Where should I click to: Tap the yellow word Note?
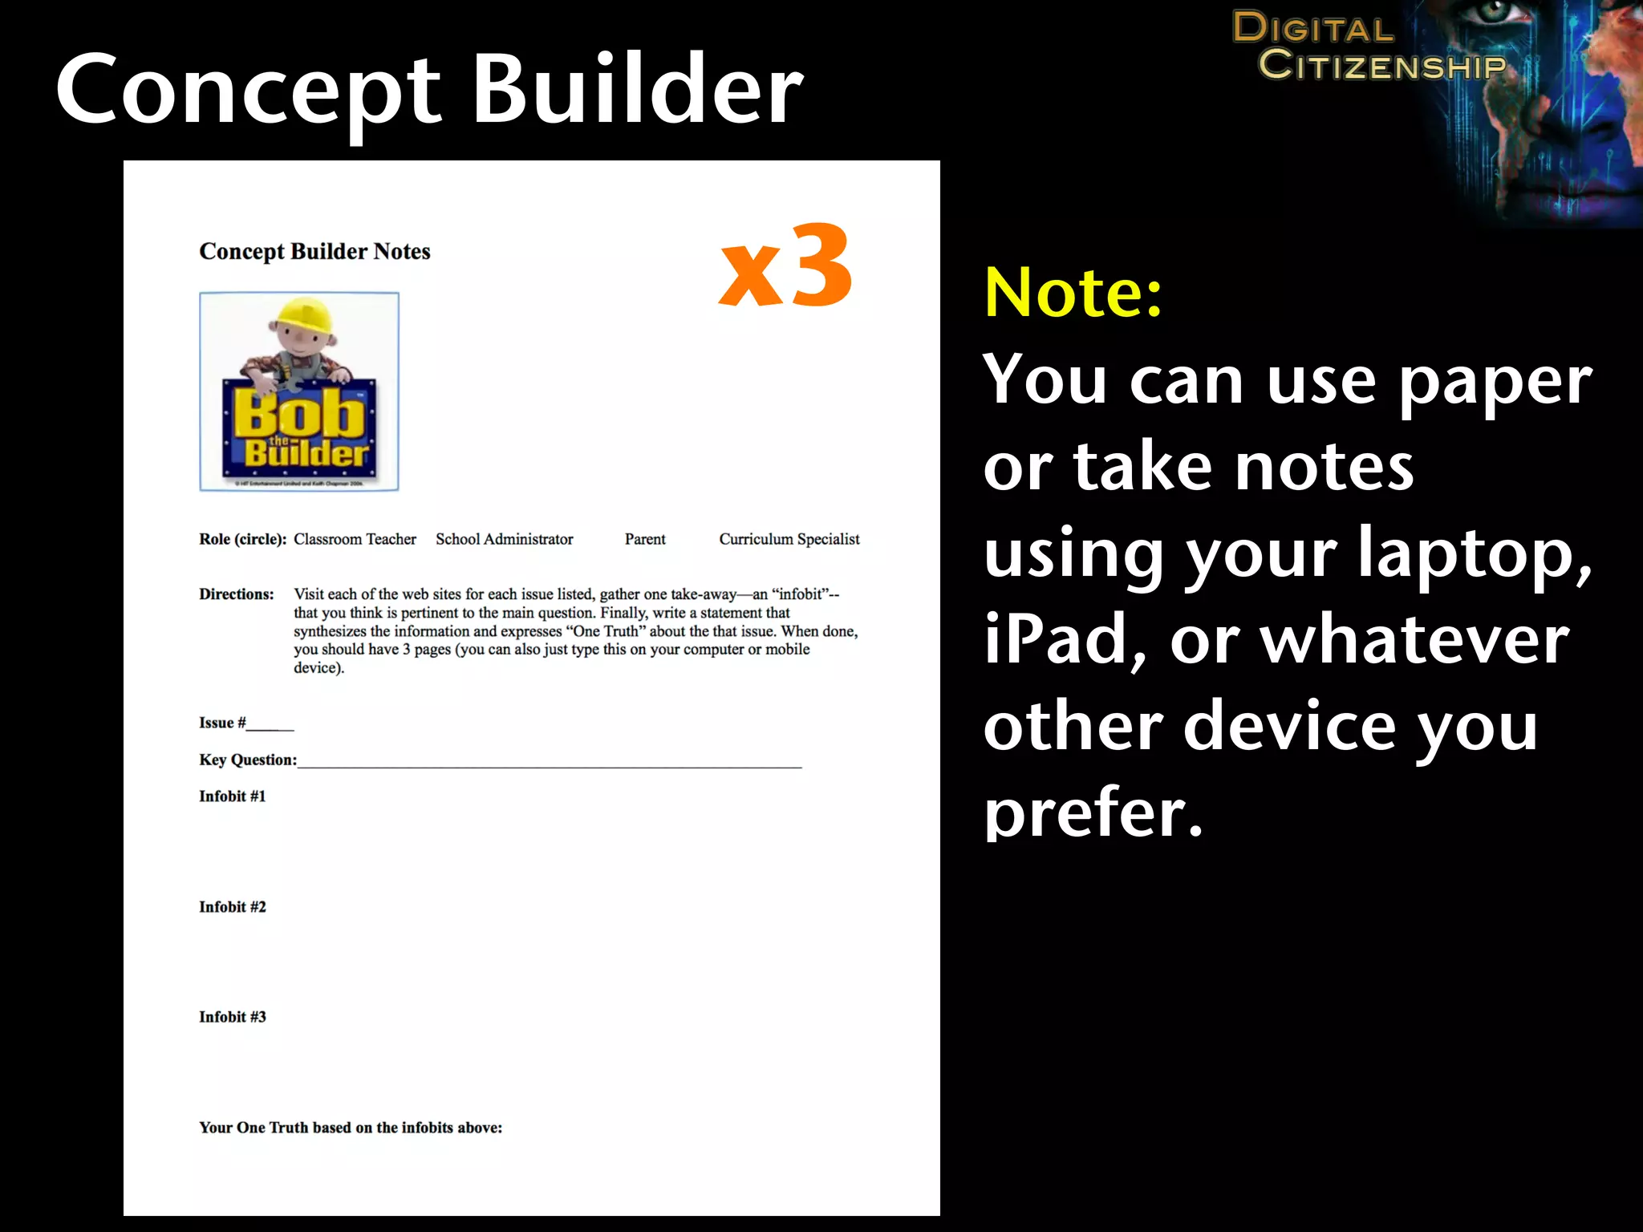(x=1073, y=293)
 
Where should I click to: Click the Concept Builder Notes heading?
(x=314, y=252)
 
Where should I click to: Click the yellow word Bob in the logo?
(x=298, y=414)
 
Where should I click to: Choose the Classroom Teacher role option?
(x=355, y=539)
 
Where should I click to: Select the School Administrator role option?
(x=504, y=539)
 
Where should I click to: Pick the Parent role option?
(x=645, y=539)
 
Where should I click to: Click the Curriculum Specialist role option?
(x=789, y=539)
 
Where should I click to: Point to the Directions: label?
(x=237, y=594)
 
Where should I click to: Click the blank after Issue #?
(x=270, y=724)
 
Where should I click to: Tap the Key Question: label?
(x=248, y=760)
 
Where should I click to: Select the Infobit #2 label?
(x=233, y=906)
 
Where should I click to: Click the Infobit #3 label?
(x=233, y=1017)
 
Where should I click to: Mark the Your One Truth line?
(x=351, y=1128)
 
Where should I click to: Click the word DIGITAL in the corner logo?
(x=1312, y=28)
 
